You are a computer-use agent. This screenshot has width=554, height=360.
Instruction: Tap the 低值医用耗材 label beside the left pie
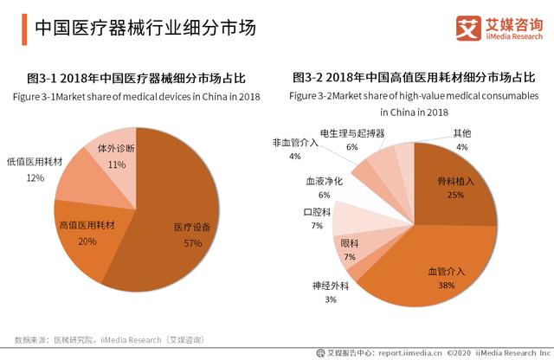click(x=35, y=162)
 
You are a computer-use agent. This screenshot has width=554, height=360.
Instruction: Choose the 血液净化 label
click(x=324, y=182)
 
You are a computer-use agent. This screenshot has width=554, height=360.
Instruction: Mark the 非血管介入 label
click(x=295, y=142)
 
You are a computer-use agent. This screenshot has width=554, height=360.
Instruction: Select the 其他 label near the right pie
click(x=462, y=133)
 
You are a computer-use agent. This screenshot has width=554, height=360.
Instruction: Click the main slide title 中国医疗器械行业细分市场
click(x=145, y=28)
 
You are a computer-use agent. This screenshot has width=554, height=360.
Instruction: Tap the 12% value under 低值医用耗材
click(x=35, y=177)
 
